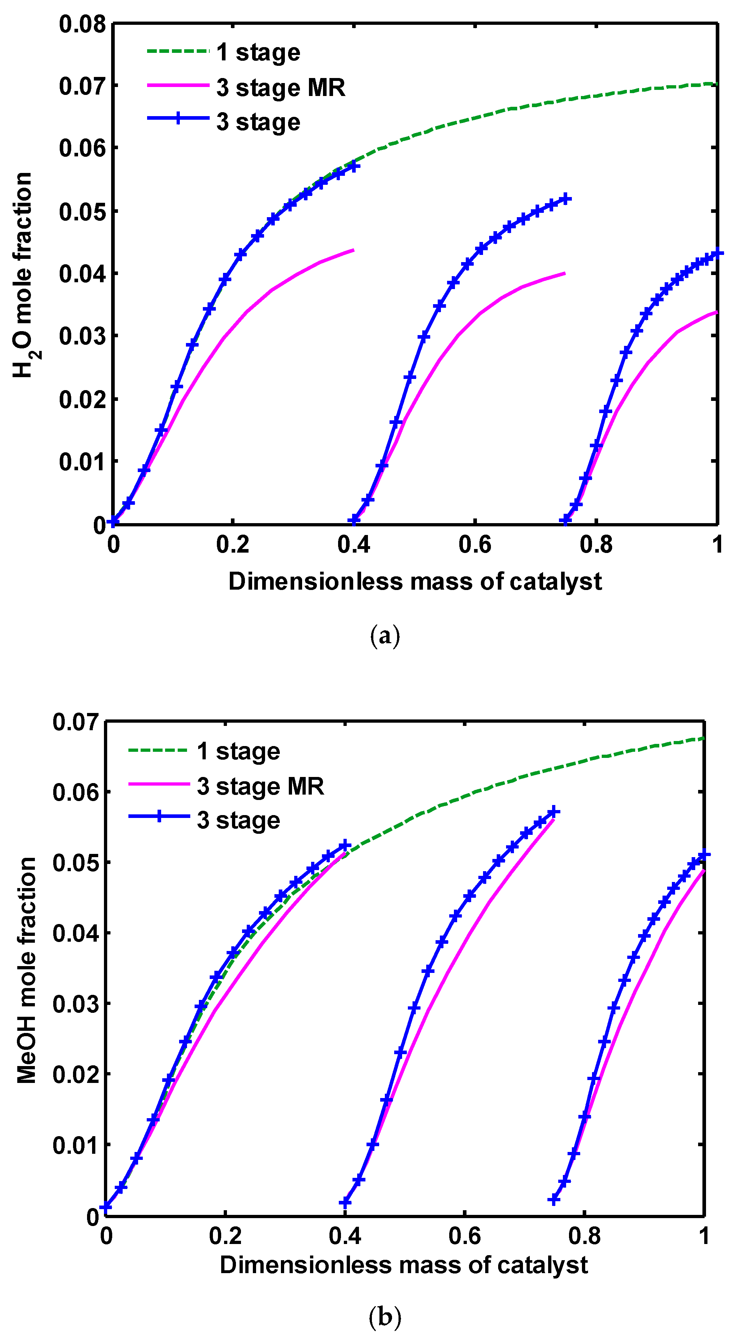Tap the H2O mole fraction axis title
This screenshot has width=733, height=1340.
coord(22,275)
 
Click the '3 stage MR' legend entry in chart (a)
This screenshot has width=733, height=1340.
coord(281,87)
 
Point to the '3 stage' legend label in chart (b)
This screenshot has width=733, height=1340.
coord(238,820)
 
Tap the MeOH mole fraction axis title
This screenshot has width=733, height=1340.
coord(26,970)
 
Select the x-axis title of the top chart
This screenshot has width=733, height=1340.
coord(415,581)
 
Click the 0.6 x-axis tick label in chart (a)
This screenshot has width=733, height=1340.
coord(474,545)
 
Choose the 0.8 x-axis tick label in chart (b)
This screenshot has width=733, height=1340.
coord(584,1235)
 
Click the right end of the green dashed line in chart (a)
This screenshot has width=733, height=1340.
coord(716,84)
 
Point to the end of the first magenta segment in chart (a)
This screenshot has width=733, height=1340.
coord(354,250)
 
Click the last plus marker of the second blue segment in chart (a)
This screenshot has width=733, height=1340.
coord(566,199)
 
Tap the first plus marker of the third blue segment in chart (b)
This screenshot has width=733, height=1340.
coord(554,1200)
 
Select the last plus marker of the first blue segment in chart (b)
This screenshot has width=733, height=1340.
coord(345,846)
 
